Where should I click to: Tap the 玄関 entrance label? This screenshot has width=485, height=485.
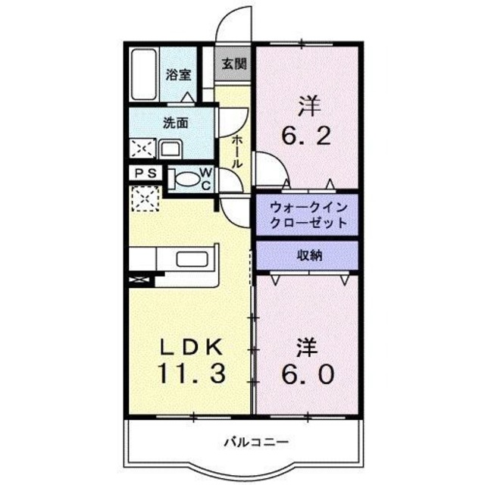233,64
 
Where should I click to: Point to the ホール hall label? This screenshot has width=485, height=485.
237,152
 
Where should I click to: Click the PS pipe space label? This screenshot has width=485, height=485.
145,174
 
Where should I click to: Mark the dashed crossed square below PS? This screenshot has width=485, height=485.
143,199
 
